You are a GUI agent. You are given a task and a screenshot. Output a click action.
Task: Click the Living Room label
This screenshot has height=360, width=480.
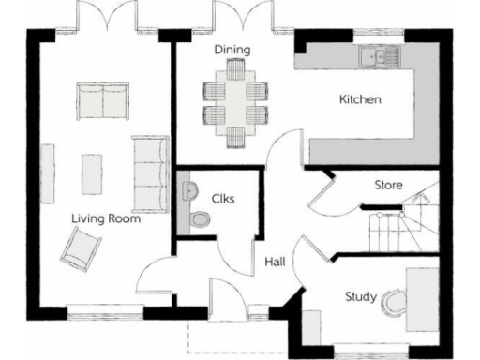click(x=107, y=219)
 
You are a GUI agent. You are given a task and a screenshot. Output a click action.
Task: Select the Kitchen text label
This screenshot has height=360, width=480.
click(x=360, y=99)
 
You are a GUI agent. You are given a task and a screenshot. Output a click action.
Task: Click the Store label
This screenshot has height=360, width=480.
click(x=388, y=185)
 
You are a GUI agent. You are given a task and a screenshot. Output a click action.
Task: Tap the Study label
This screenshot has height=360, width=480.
click(x=360, y=297)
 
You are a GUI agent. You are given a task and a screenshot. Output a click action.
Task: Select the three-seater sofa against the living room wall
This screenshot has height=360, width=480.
click(x=148, y=173)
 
